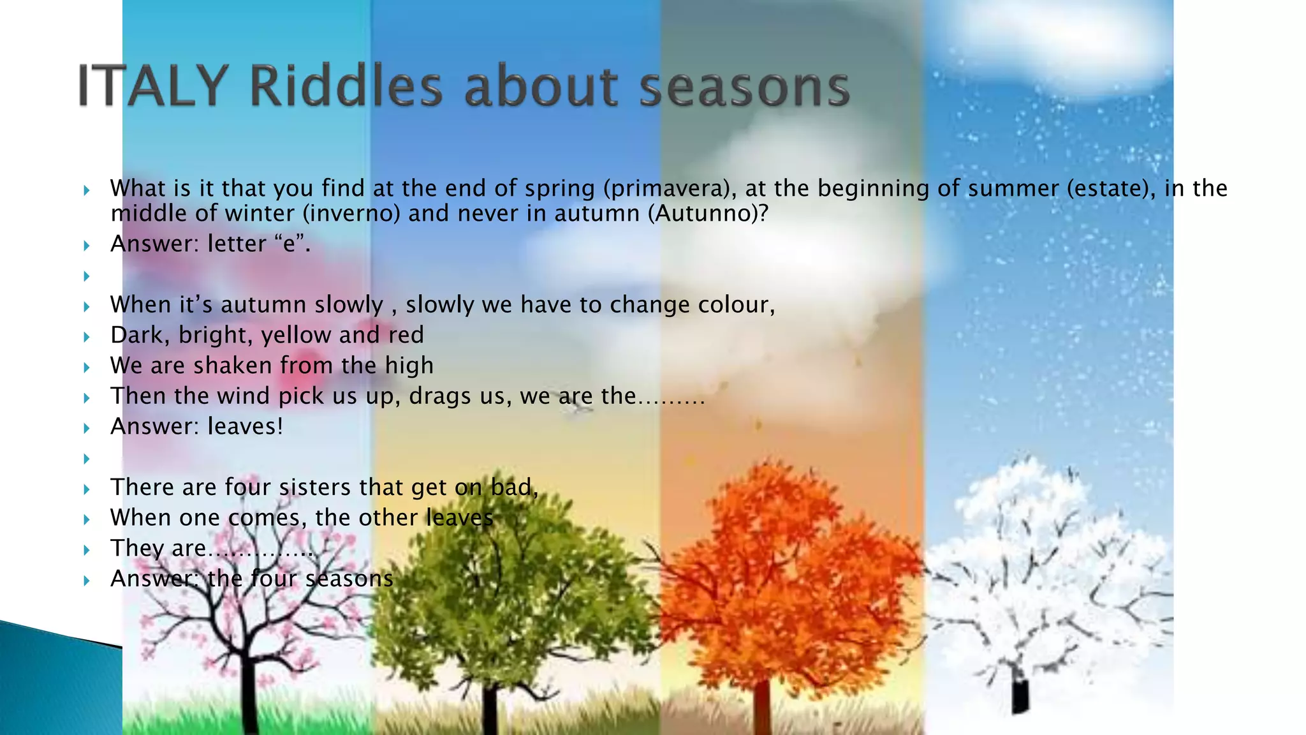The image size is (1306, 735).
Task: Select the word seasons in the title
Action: (744, 87)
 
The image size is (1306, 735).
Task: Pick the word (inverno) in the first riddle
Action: (351, 213)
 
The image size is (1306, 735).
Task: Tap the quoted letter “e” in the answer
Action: (291, 244)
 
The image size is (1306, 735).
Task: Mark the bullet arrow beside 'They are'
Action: (87, 549)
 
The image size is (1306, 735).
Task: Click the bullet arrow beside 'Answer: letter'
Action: (87, 245)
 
